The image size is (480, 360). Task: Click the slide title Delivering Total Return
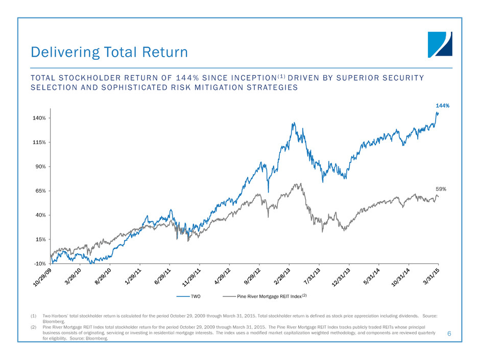click(109, 52)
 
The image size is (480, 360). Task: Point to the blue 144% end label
click(442, 106)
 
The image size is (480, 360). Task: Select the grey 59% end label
click(441, 189)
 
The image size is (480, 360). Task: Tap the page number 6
click(449, 333)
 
